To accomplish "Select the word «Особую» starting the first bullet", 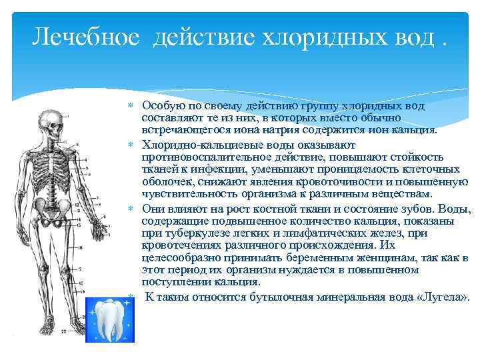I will click(x=159, y=106).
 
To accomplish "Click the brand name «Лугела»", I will click(x=445, y=296).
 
